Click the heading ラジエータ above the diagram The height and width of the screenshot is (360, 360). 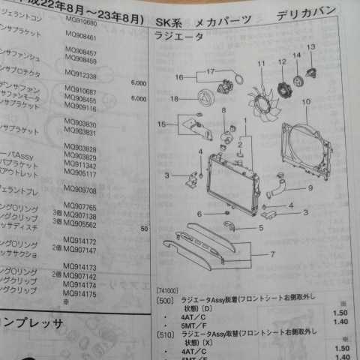pyautogui.click(x=178, y=37)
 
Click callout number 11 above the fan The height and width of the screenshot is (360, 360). pyautogui.click(x=262, y=64)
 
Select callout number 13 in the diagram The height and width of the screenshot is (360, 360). pyautogui.click(x=310, y=47)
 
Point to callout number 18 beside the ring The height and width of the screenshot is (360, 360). pyautogui.click(x=173, y=98)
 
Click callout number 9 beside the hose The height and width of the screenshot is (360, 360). pyautogui.click(x=309, y=187)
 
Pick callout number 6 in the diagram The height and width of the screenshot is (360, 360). pyautogui.click(x=199, y=214)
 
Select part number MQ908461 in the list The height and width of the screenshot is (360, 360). pyautogui.click(x=82, y=35)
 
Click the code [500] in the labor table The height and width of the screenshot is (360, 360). pyautogui.click(x=163, y=298)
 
